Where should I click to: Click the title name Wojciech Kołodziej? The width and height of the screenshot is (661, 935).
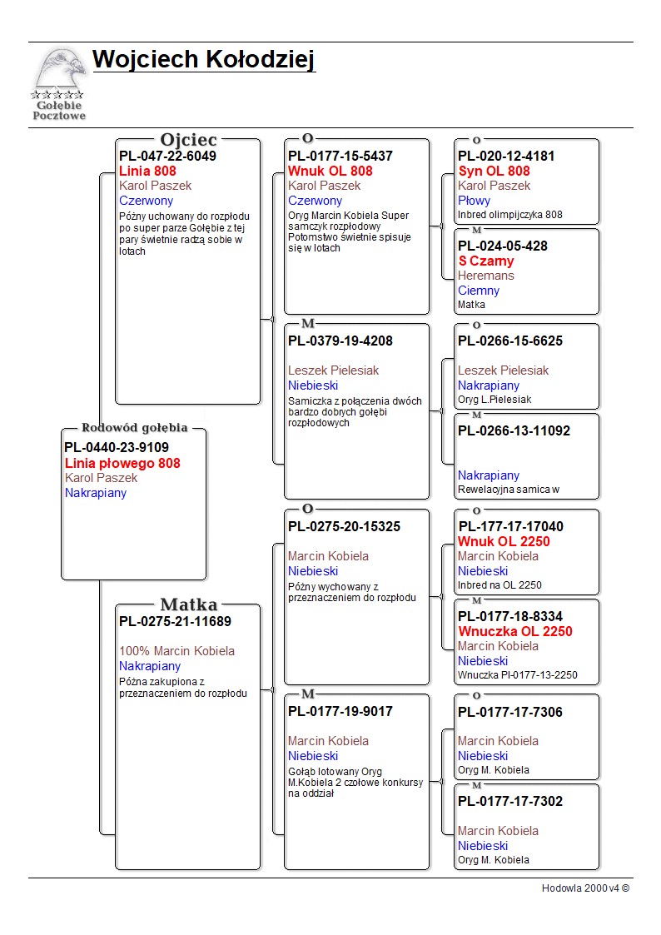pyautogui.click(x=204, y=60)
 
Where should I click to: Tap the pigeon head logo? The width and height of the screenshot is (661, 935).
pyautogui.click(x=62, y=70)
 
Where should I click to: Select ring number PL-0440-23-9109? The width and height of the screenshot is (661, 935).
pyautogui.click(x=117, y=447)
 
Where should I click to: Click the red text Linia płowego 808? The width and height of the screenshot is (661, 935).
pyautogui.click(x=122, y=463)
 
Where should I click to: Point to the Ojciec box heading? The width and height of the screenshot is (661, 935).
pyautogui.click(x=188, y=140)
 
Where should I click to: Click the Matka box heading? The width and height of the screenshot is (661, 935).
pyautogui.click(x=189, y=604)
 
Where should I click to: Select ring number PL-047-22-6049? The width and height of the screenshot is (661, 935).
pyautogui.click(x=167, y=157)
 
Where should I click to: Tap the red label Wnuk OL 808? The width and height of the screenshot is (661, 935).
pyautogui.click(x=330, y=172)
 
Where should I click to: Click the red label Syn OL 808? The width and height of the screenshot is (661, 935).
pyautogui.click(x=495, y=172)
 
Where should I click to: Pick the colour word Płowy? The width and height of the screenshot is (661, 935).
pyautogui.click(x=474, y=201)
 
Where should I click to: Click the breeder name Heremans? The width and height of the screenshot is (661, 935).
pyautogui.click(x=486, y=276)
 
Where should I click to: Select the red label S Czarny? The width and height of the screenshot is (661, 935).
pyautogui.click(x=486, y=261)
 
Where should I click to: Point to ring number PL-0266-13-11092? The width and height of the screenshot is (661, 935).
pyautogui.click(x=514, y=430)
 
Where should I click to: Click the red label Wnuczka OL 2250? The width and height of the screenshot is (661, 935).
pyautogui.click(x=515, y=631)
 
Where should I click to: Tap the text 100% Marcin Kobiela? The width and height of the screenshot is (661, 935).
pyautogui.click(x=177, y=651)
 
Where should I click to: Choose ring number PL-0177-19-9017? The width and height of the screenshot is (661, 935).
pyautogui.click(x=340, y=711)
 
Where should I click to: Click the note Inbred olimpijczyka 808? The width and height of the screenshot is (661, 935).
pyautogui.click(x=510, y=215)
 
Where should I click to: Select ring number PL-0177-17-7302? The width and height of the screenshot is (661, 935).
pyautogui.click(x=510, y=802)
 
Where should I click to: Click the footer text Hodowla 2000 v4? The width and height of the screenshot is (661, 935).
pyautogui.click(x=580, y=888)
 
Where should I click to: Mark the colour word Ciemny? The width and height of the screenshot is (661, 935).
pyautogui.click(x=479, y=291)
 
